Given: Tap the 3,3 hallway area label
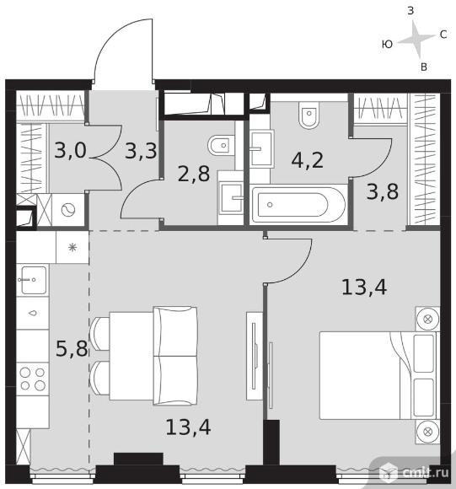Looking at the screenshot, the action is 141,151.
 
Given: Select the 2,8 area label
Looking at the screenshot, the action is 194,174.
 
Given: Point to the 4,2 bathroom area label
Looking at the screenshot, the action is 308,160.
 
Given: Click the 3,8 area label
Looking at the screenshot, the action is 383,191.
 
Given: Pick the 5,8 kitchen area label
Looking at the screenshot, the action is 72,348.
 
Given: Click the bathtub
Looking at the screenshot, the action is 298,205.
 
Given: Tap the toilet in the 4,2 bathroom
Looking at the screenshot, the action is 308,115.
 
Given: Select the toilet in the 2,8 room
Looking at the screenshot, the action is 221,145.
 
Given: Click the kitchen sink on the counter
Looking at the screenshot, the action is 32,280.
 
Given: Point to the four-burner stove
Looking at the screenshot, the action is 32,379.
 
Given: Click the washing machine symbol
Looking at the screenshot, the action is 68,210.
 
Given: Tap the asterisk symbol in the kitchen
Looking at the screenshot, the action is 72,248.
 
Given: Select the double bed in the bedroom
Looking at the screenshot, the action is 379,375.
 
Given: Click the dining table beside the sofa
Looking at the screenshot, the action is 131,356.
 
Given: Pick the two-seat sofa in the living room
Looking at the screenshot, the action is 175,356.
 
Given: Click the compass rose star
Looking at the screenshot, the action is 416,39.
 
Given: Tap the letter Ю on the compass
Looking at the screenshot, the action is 387,45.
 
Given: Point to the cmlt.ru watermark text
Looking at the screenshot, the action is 426,472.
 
